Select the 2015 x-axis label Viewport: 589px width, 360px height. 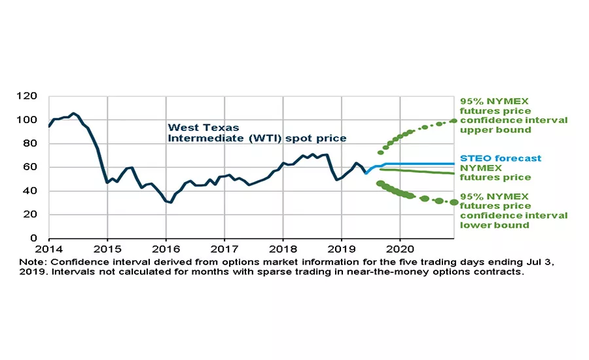tap(107, 249)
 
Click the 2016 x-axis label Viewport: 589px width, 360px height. tap(166, 249)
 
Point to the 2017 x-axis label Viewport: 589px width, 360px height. tap(224, 249)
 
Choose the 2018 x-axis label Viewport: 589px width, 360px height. tap(283, 249)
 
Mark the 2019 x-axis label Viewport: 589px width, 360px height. tap(341, 249)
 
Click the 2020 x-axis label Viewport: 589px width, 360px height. tap(399, 249)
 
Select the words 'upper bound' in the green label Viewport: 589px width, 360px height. tap(488, 130)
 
